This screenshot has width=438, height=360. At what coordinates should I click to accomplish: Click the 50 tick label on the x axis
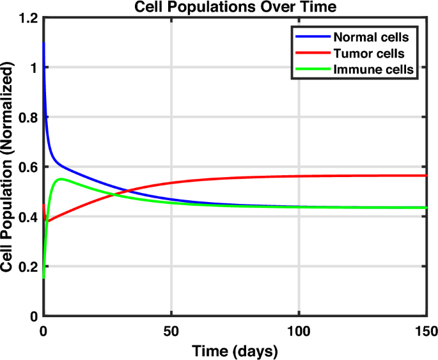pos(171,331)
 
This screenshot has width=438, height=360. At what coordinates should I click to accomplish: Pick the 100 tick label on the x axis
pos(299,331)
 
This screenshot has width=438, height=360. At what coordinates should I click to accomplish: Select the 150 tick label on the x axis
pos(425,331)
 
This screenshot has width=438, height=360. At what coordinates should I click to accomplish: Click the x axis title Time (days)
pos(235,350)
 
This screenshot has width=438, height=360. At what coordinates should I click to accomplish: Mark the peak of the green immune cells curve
pos(61,179)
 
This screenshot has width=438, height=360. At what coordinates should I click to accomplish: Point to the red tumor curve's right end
pos(426,175)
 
